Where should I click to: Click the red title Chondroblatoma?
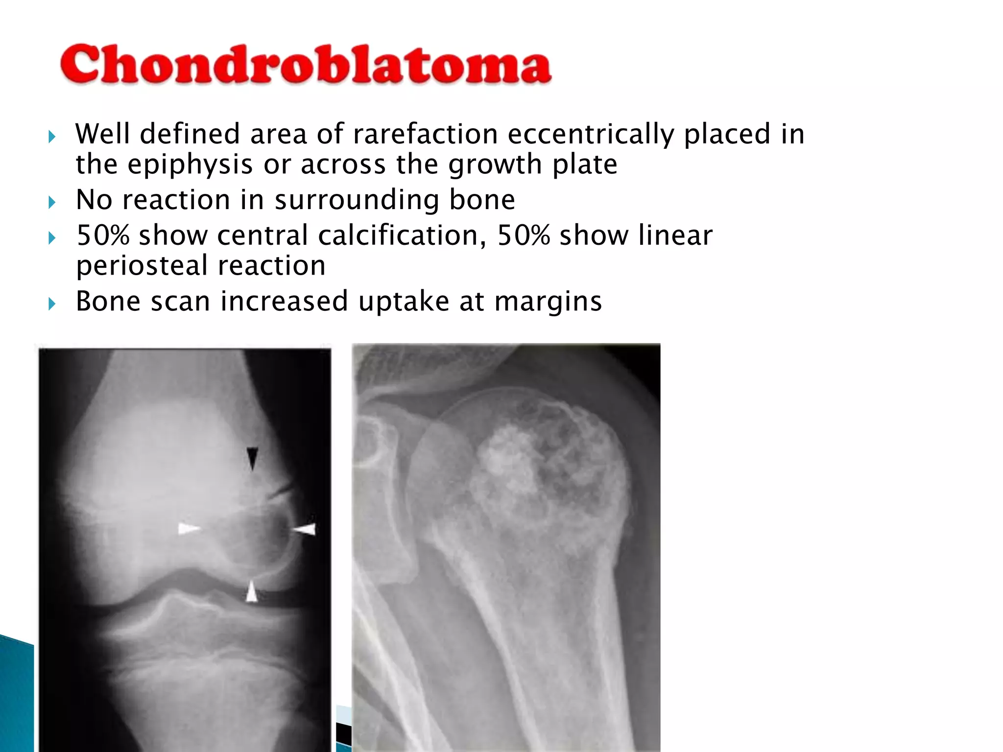click(306, 65)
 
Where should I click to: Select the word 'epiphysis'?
click(190, 164)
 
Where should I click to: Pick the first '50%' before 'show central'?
click(103, 235)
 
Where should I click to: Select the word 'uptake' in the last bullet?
click(404, 302)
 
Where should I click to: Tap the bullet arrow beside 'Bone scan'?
click(52, 304)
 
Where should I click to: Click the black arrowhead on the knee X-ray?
click(252, 458)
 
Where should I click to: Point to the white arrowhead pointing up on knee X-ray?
click(251, 591)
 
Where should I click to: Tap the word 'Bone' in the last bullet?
click(108, 302)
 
